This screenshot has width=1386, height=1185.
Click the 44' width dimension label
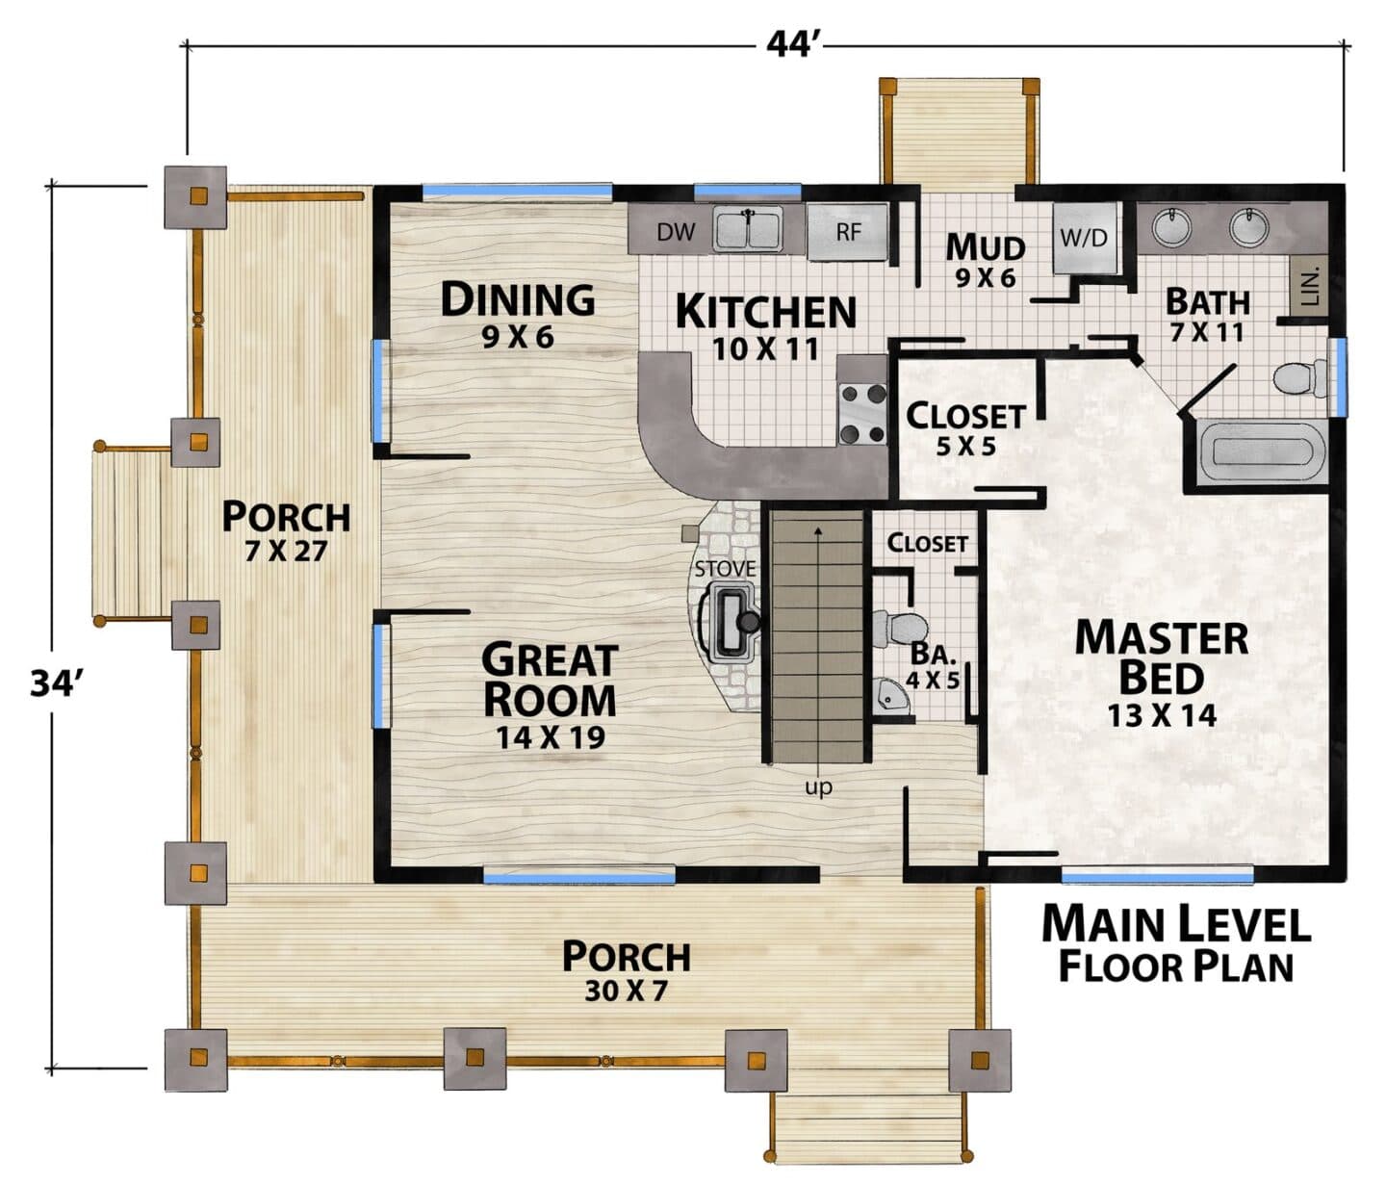click(x=792, y=45)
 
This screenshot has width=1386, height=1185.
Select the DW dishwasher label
click(x=676, y=232)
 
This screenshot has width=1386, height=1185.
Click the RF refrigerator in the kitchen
click(x=848, y=232)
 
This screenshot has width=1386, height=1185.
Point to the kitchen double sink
click(x=748, y=229)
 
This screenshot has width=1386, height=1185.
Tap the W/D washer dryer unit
click(x=1084, y=237)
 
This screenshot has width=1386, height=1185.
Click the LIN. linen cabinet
click(x=1311, y=286)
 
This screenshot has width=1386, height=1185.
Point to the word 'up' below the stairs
click(x=818, y=788)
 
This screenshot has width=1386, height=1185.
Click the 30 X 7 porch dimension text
click(x=627, y=991)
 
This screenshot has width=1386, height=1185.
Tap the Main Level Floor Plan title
click(x=1176, y=944)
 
